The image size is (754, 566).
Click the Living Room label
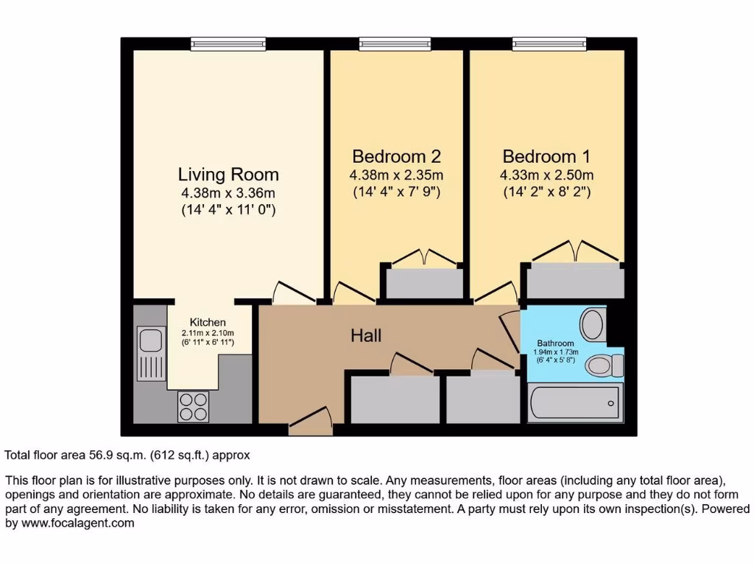pyautogui.click(x=228, y=175)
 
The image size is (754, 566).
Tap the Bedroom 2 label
pyautogui.click(x=396, y=156)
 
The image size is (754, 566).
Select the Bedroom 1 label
pyautogui.click(x=546, y=156)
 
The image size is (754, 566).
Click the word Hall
pyautogui.click(x=366, y=336)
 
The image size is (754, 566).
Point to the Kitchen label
pyautogui.click(x=208, y=323)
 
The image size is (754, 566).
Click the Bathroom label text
pyautogui.click(x=555, y=343)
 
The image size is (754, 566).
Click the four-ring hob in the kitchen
pyautogui.click(x=193, y=406)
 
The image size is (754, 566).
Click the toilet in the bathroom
pyautogui.click(x=607, y=364)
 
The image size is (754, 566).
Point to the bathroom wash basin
pyautogui.click(x=593, y=323)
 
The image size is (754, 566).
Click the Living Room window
pyautogui.click(x=228, y=44)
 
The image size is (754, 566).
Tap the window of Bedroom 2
pyautogui.click(x=396, y=44)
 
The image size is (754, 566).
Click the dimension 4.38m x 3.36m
pyautogui.click(x=228, y=193)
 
